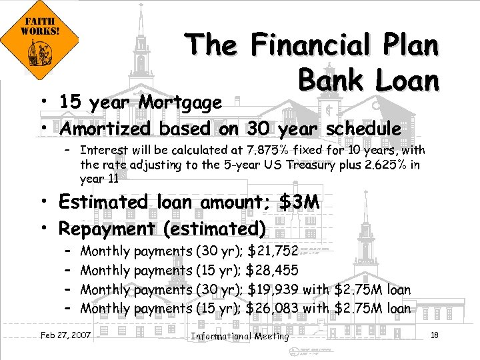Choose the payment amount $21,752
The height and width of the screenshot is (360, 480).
coord(273,251)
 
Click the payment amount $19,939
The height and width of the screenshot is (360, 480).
coord(272,290)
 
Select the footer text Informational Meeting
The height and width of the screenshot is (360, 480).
coord(240,336)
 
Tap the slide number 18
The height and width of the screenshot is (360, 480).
coord(435,335)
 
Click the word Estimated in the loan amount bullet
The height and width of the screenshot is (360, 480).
coord(103,202)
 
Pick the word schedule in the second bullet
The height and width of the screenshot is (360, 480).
coord(363,128)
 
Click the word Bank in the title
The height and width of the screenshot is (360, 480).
coord(328,80)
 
